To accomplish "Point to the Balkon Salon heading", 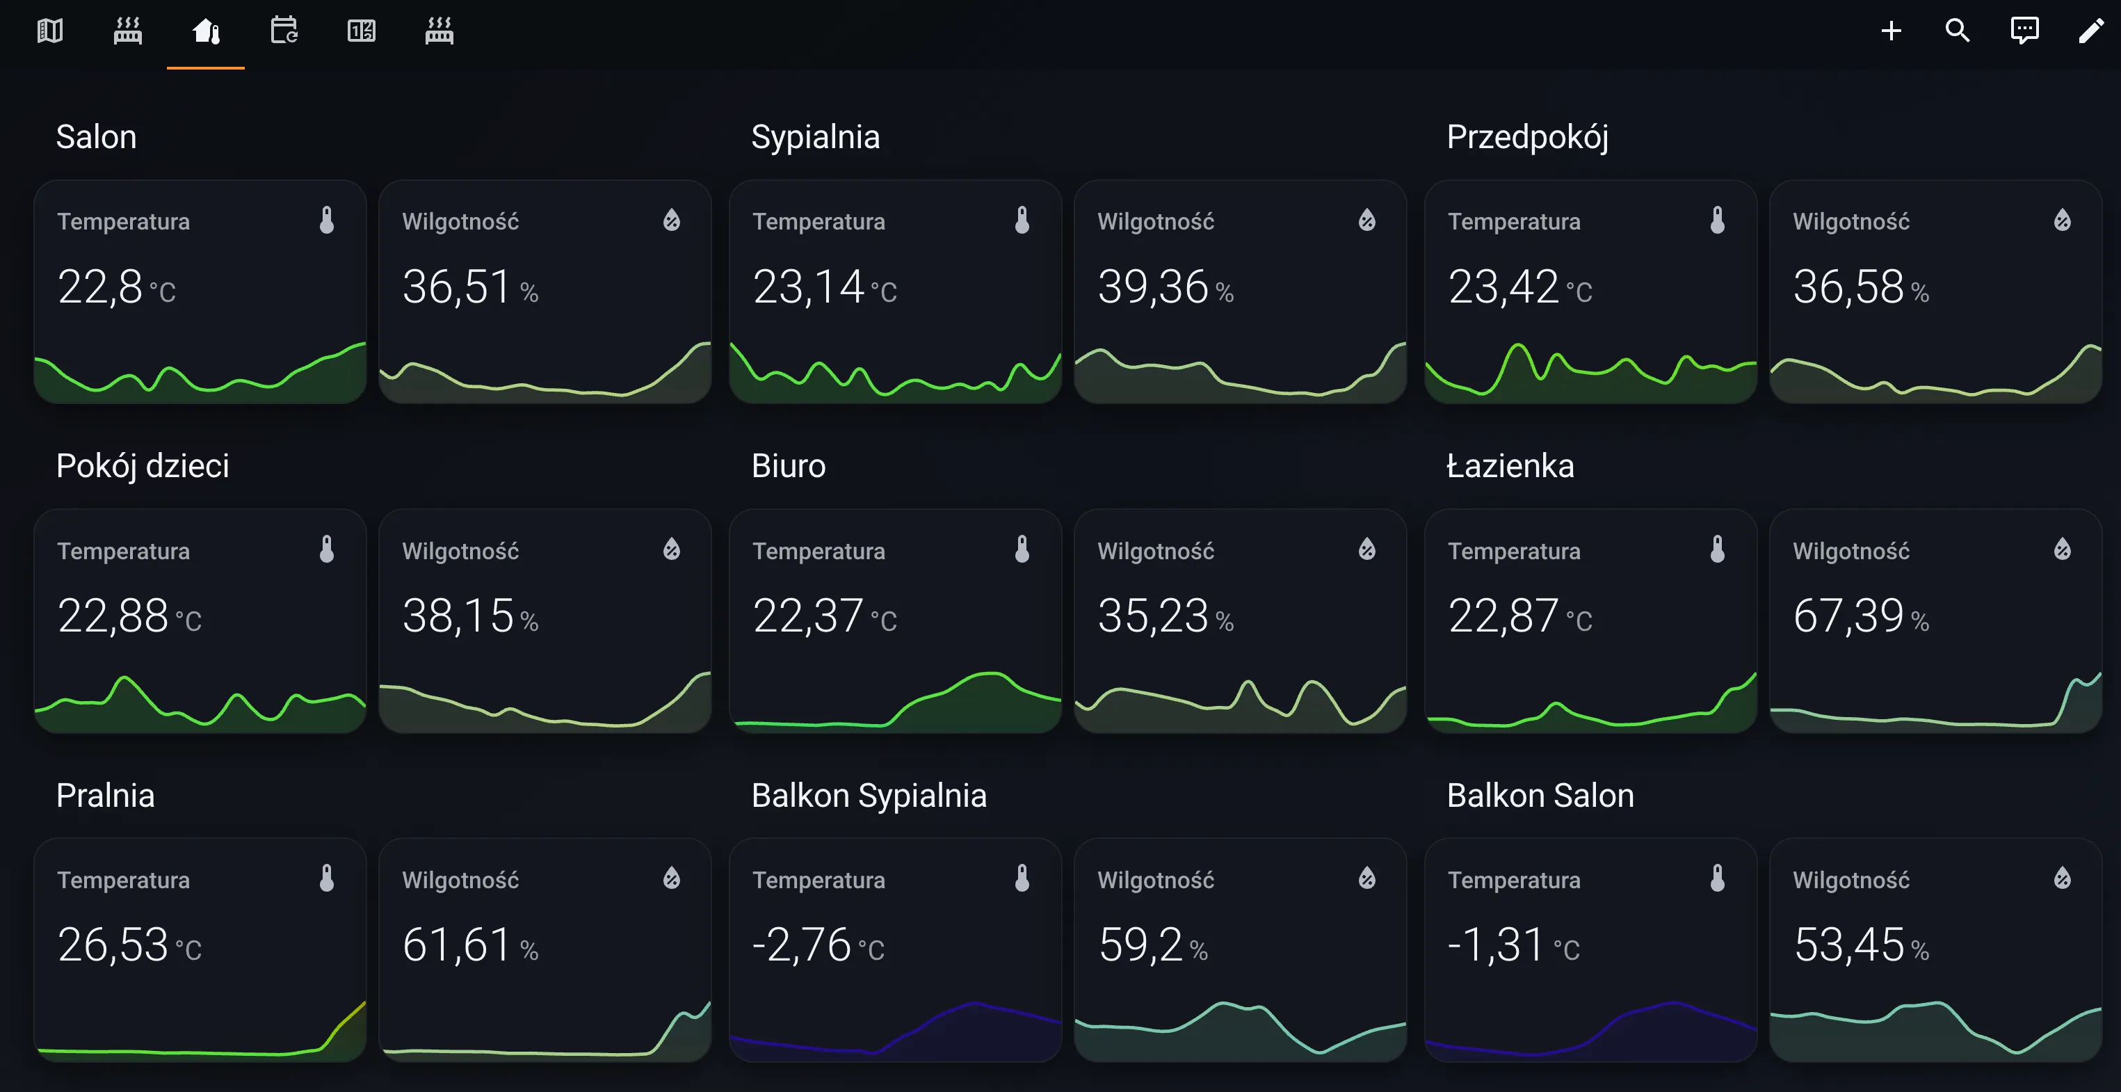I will (1540, 796).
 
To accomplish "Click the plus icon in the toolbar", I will (1892, 31).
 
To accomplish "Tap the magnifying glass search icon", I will (1957, 31).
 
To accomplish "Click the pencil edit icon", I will (2090, 31).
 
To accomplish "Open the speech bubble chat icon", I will (2024, 31).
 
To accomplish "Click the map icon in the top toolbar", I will (50, 31).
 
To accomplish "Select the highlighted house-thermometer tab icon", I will (206, 31).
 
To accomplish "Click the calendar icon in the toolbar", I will (284, 31).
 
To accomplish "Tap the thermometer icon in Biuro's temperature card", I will (1022, 549).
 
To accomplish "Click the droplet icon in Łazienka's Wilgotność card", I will (2062, 549).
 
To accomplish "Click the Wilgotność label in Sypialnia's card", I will (1155, 221).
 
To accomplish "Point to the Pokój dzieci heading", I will (143, 466).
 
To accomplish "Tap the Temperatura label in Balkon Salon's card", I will (1513, 881).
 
